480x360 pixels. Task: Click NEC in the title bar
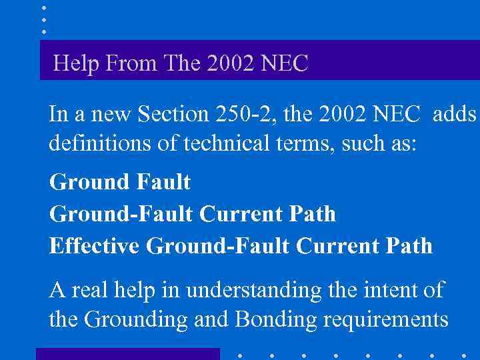click(x=286, y=64)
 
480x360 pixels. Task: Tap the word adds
click(x=455, y=115)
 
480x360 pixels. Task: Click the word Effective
click(x=95, y=246)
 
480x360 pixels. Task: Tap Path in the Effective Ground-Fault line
click(x=408, y=246)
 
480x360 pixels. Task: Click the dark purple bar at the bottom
click(x=127, y=353)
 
